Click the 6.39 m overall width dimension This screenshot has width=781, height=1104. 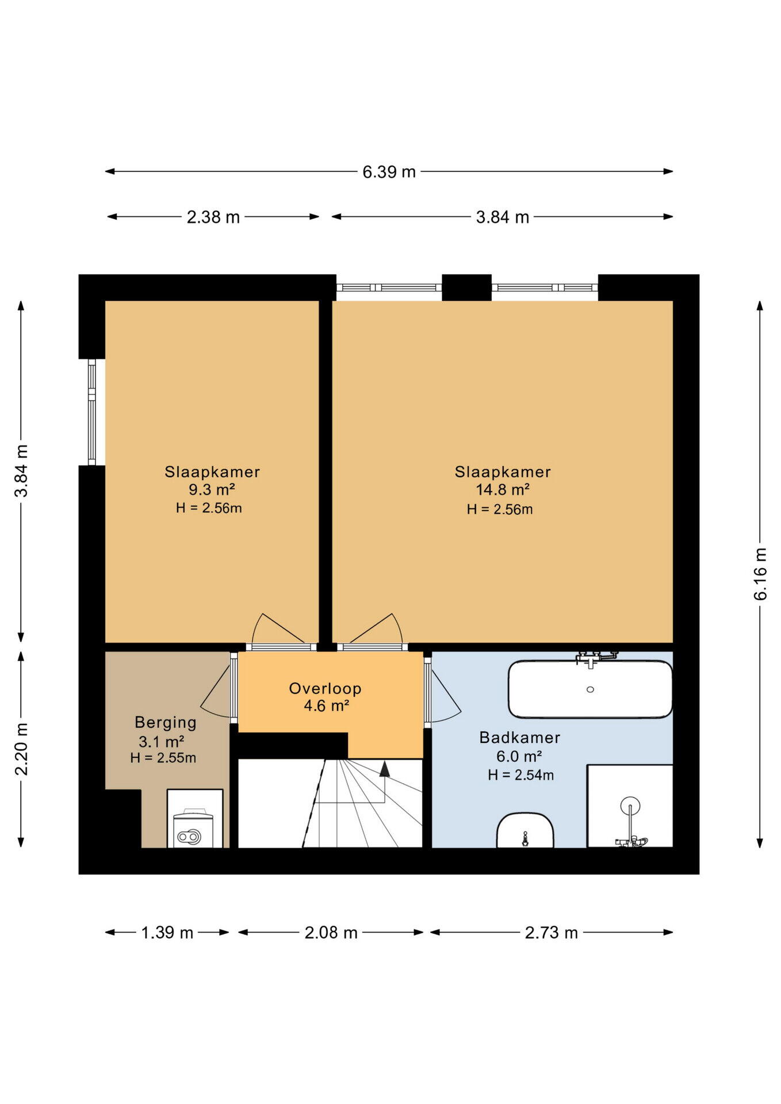click(x=389, y=172)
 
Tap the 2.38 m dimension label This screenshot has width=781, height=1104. click(x=213, y=217)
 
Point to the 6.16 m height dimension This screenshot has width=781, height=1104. click(x=760, y=574)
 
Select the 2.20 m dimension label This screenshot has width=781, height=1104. click(x=21, y=749)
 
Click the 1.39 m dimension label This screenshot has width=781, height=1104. click(x=167, y=933)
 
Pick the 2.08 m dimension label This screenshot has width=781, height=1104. click(x=331, y=933)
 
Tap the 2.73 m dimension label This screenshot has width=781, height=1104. click(x=551, y=933)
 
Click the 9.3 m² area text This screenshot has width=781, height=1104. click(x=212, y=490)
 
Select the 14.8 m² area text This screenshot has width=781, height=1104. click(x=502, y=490)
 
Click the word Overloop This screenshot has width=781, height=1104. click(x=325, y=688)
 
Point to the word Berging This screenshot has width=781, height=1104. click(x=166, y=723)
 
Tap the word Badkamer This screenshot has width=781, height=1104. click(x=520, y=738)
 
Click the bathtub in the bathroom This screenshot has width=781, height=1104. click(x=590, y=689)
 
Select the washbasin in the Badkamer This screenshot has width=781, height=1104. click(x=525, y=830)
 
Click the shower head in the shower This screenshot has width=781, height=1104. click(x=630, y=804)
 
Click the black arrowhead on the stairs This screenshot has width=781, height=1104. click(x=384, y=769)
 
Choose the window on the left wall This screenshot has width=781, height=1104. click(x=92, y=412)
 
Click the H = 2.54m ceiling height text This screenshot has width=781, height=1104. click(x=520, y=775)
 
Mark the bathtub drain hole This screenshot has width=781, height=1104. click(x=590, y=689)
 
